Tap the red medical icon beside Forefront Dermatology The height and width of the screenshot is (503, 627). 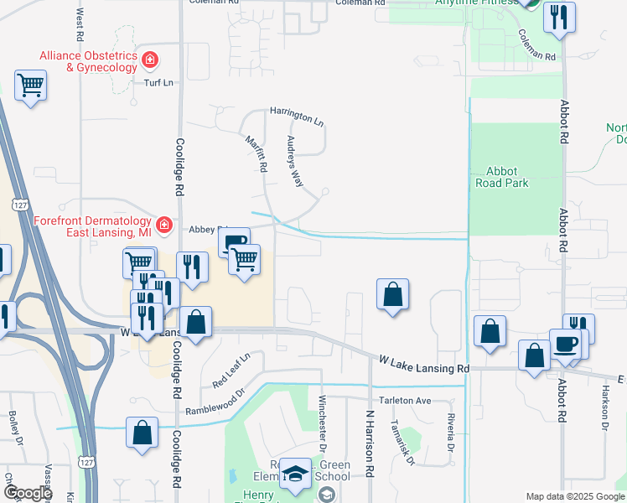164,225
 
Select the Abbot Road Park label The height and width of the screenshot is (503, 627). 502,177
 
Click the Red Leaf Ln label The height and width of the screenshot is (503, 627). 231,371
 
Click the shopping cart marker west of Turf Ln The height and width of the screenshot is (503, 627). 30,85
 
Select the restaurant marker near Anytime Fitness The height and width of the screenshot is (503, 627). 559,18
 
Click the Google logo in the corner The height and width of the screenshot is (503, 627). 27,493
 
